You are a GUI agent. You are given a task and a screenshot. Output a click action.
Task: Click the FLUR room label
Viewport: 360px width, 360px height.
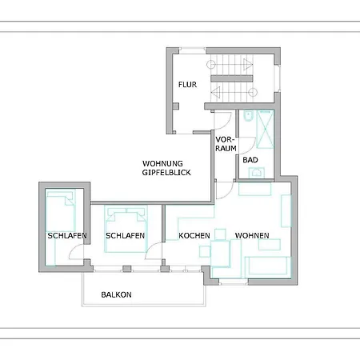[x=187, y=85]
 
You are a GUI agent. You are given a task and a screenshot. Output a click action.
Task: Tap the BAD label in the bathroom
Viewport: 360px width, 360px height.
[x=250, y=160]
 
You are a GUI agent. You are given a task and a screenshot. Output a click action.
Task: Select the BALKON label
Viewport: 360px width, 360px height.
[x=116, y=294]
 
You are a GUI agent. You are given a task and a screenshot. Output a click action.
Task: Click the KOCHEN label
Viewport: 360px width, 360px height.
[x=194, y=236]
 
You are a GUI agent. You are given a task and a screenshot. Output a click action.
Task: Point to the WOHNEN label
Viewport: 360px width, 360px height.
[x=252, y=235]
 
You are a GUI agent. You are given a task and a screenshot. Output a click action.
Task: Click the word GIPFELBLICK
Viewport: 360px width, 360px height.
[x=166, y=173]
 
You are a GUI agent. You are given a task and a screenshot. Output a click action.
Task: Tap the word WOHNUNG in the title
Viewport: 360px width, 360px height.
[x=162, y=163]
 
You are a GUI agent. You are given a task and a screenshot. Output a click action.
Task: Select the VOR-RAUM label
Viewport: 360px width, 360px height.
[x=226, y=144]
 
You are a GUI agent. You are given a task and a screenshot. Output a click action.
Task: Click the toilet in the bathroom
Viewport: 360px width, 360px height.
[x=248, y=116]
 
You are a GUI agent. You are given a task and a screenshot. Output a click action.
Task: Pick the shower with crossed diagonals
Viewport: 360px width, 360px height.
[x=265, y=130]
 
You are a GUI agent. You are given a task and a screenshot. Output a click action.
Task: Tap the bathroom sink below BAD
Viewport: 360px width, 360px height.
[x=257, y=173]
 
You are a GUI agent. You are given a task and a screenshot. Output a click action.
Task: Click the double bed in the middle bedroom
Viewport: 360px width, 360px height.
[x=126, y=229]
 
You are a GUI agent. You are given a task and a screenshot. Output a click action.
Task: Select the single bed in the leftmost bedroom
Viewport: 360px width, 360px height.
[x=61, y=210]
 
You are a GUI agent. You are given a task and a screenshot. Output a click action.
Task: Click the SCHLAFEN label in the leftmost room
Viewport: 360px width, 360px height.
[x=67, y=236]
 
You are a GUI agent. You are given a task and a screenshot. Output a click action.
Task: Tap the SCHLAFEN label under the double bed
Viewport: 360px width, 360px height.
[x=125, y=236]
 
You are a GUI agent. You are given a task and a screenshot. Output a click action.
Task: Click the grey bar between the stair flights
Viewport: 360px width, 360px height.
[x=232, y=78]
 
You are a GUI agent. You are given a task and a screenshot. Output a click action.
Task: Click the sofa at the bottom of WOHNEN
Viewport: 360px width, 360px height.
[x=267, y=266]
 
